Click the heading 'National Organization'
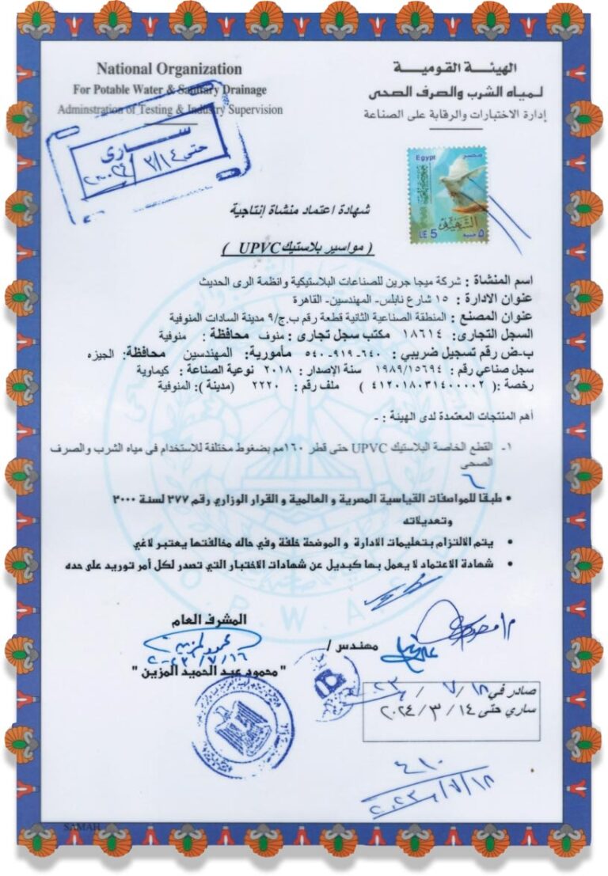point(169,69)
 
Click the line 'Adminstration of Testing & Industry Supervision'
point(169,110)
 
